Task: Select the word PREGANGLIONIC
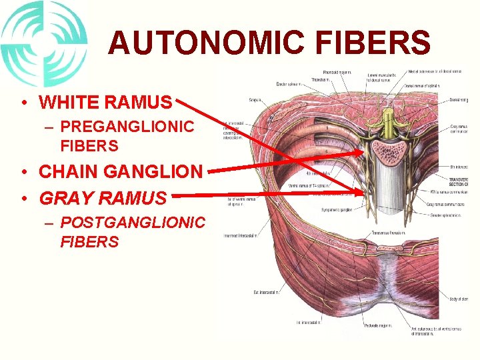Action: point(127,126)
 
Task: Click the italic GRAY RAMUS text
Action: point(103,198)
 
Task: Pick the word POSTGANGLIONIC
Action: point(133,222)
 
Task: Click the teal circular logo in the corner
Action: point(44,43)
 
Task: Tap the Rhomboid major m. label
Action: point(339,72)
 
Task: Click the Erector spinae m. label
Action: point(291,84)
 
